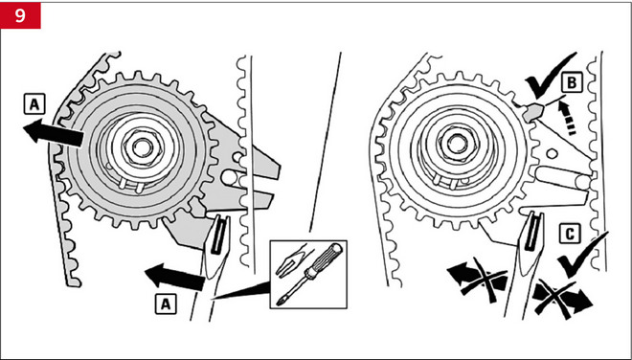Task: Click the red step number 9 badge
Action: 20,15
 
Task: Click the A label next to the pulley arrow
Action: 34,104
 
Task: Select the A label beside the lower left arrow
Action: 166,304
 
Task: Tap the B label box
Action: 571,82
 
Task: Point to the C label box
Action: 570,233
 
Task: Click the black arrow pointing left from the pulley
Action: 54,132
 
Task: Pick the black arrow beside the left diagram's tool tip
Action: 174,277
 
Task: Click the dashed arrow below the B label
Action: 567,118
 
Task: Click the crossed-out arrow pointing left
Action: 478,280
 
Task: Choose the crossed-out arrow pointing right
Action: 562,299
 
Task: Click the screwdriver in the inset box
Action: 310,275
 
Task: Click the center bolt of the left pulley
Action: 141,147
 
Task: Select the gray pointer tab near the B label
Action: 533,112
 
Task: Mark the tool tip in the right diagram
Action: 531,243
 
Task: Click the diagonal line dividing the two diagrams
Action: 326,142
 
